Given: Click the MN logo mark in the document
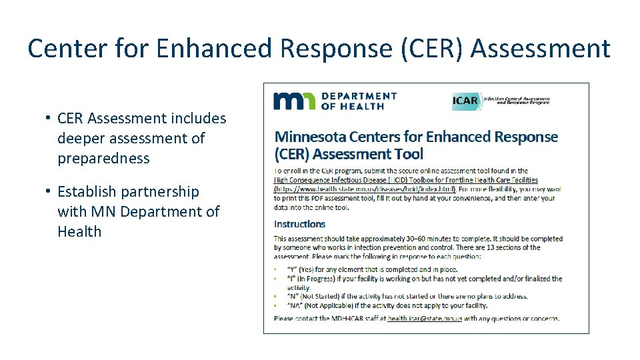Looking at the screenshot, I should coord(293,101).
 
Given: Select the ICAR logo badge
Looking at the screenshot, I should coord(465,101).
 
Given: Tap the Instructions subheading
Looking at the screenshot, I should coord(299,224).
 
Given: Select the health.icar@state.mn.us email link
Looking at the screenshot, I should coord(425,318).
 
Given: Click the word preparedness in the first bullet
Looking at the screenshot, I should coord(103,159).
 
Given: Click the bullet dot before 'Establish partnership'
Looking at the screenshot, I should coord(49,191).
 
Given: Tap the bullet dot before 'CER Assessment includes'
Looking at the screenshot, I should coord(49,118).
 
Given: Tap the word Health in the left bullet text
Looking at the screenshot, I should coord(79,232).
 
